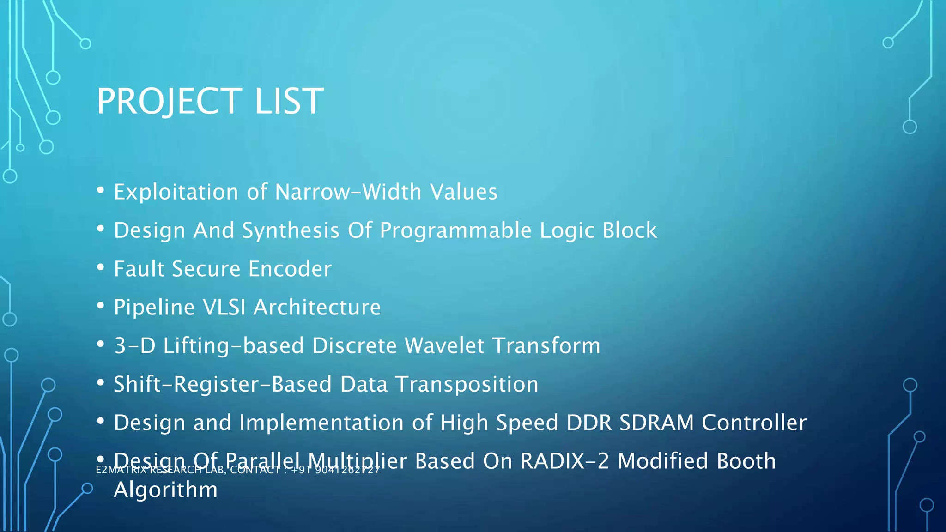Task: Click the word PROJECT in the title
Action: coord(169,101)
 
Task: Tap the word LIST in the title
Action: coord(289,101)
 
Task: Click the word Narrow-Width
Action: coord(348,192)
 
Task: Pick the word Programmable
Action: coord(455,230)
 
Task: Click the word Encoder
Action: coord(290,269)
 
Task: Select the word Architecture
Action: coord(317,307)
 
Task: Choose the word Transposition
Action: coord(467,384)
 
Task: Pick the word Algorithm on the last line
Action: coord(165,490)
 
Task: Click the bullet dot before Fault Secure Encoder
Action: coord(101,267)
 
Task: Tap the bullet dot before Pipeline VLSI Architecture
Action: coord(101,306)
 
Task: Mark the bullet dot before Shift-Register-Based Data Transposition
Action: coord(101,383)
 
